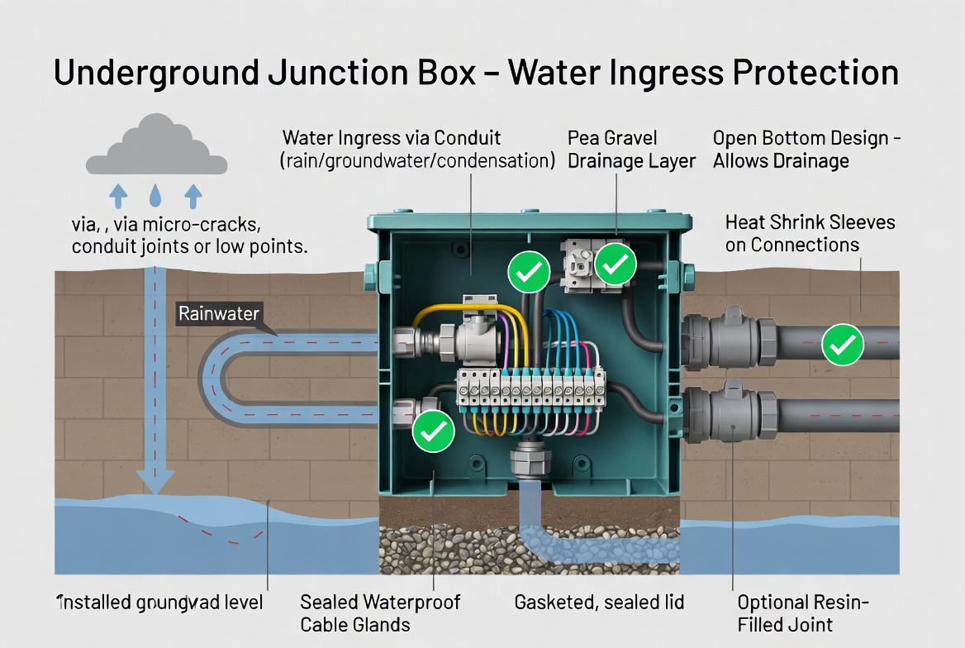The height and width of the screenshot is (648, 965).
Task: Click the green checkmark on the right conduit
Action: pyautogui.click(x=844, y=345)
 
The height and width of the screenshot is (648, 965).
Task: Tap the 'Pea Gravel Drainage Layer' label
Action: pyautogui.click(x=631, y=149)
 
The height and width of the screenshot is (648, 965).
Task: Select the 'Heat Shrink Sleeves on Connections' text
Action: pyautogui.click(x=810, y=233)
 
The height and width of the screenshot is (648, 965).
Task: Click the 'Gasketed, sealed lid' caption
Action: pyautogui.click(x=599, y=603)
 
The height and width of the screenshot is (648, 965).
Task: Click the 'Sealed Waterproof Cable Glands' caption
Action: pyautogui.click(x=380, y=612)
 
